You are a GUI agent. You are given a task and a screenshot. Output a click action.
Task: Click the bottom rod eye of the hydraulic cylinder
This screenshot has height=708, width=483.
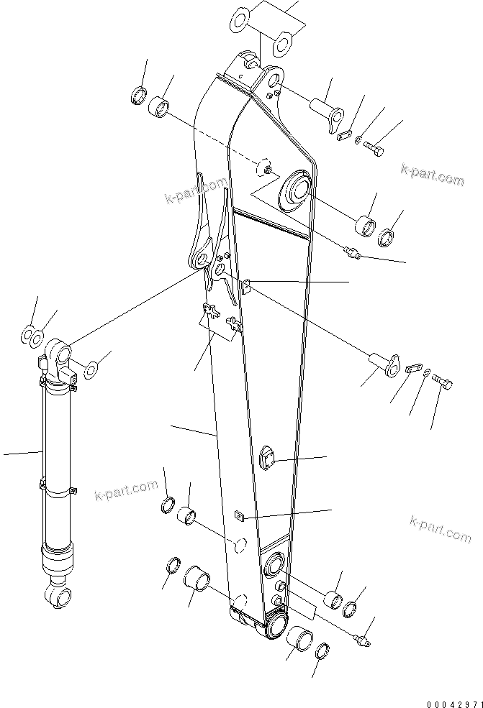click(58, 596)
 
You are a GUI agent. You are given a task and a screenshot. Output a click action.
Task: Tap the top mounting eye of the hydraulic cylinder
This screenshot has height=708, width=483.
click(59, 354)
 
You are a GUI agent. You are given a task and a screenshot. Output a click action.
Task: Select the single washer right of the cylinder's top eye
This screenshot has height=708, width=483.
click(91, 371)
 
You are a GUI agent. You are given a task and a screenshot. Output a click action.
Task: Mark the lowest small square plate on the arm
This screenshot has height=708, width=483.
click(240, 515)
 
